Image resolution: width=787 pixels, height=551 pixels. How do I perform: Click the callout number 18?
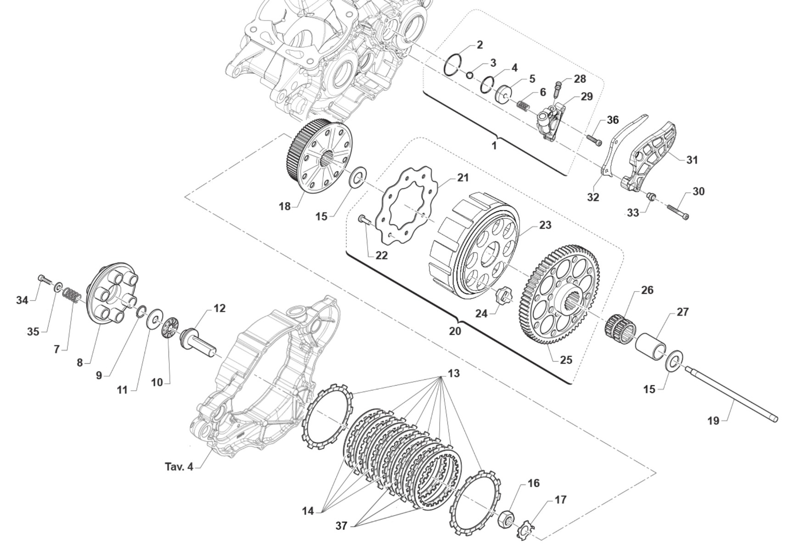click(285, 207)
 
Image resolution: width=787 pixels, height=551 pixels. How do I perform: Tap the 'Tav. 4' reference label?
click(179, 467)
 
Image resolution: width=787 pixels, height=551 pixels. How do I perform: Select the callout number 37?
click(341, 526)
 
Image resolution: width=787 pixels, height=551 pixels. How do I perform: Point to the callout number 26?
click(647, 290)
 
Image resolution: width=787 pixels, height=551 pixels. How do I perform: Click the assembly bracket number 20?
click(455, 331)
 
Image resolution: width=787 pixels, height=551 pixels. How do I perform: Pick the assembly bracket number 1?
click(494, 146)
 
